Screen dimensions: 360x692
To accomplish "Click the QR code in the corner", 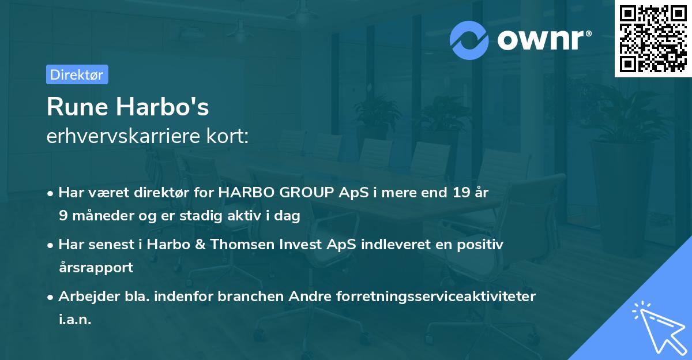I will point(653,39).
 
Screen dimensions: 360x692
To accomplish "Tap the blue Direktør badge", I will point(77,74).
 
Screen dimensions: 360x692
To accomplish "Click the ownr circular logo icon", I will point(469,40).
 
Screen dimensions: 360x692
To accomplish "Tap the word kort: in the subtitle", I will point(229,137).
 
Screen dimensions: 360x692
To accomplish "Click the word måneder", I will point(97,216).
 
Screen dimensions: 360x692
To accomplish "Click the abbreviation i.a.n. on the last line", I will point(75,320).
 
